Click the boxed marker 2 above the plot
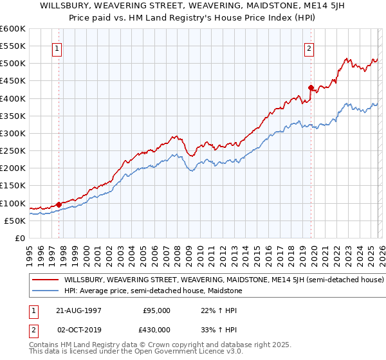(309, 48)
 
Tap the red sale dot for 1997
(59, 204)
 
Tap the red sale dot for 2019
(310, 87)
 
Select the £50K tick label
(15, 221)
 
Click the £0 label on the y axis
(20, 238)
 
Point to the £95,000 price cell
(157, 310)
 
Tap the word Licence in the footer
(169, 353)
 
